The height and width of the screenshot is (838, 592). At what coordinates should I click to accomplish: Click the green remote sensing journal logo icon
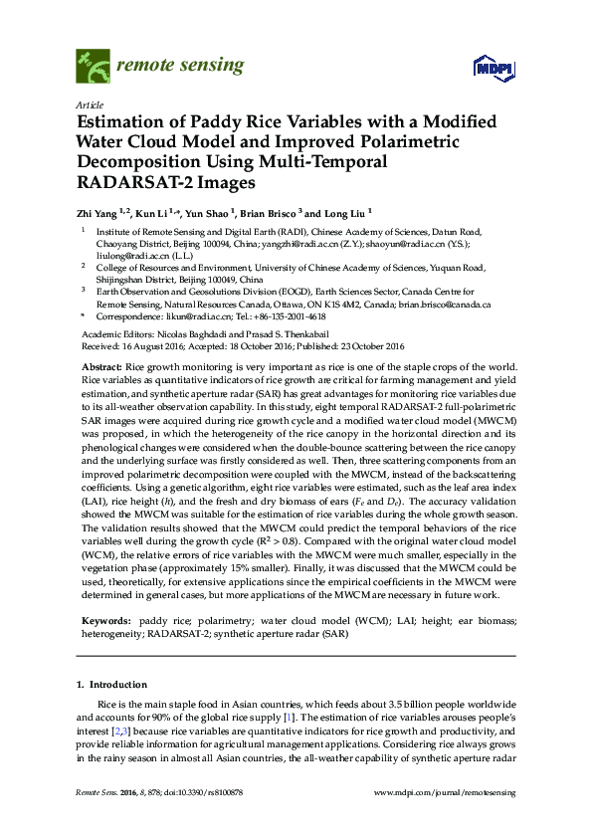coord(93,68)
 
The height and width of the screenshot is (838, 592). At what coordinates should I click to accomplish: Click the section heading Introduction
coord(118,686)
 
